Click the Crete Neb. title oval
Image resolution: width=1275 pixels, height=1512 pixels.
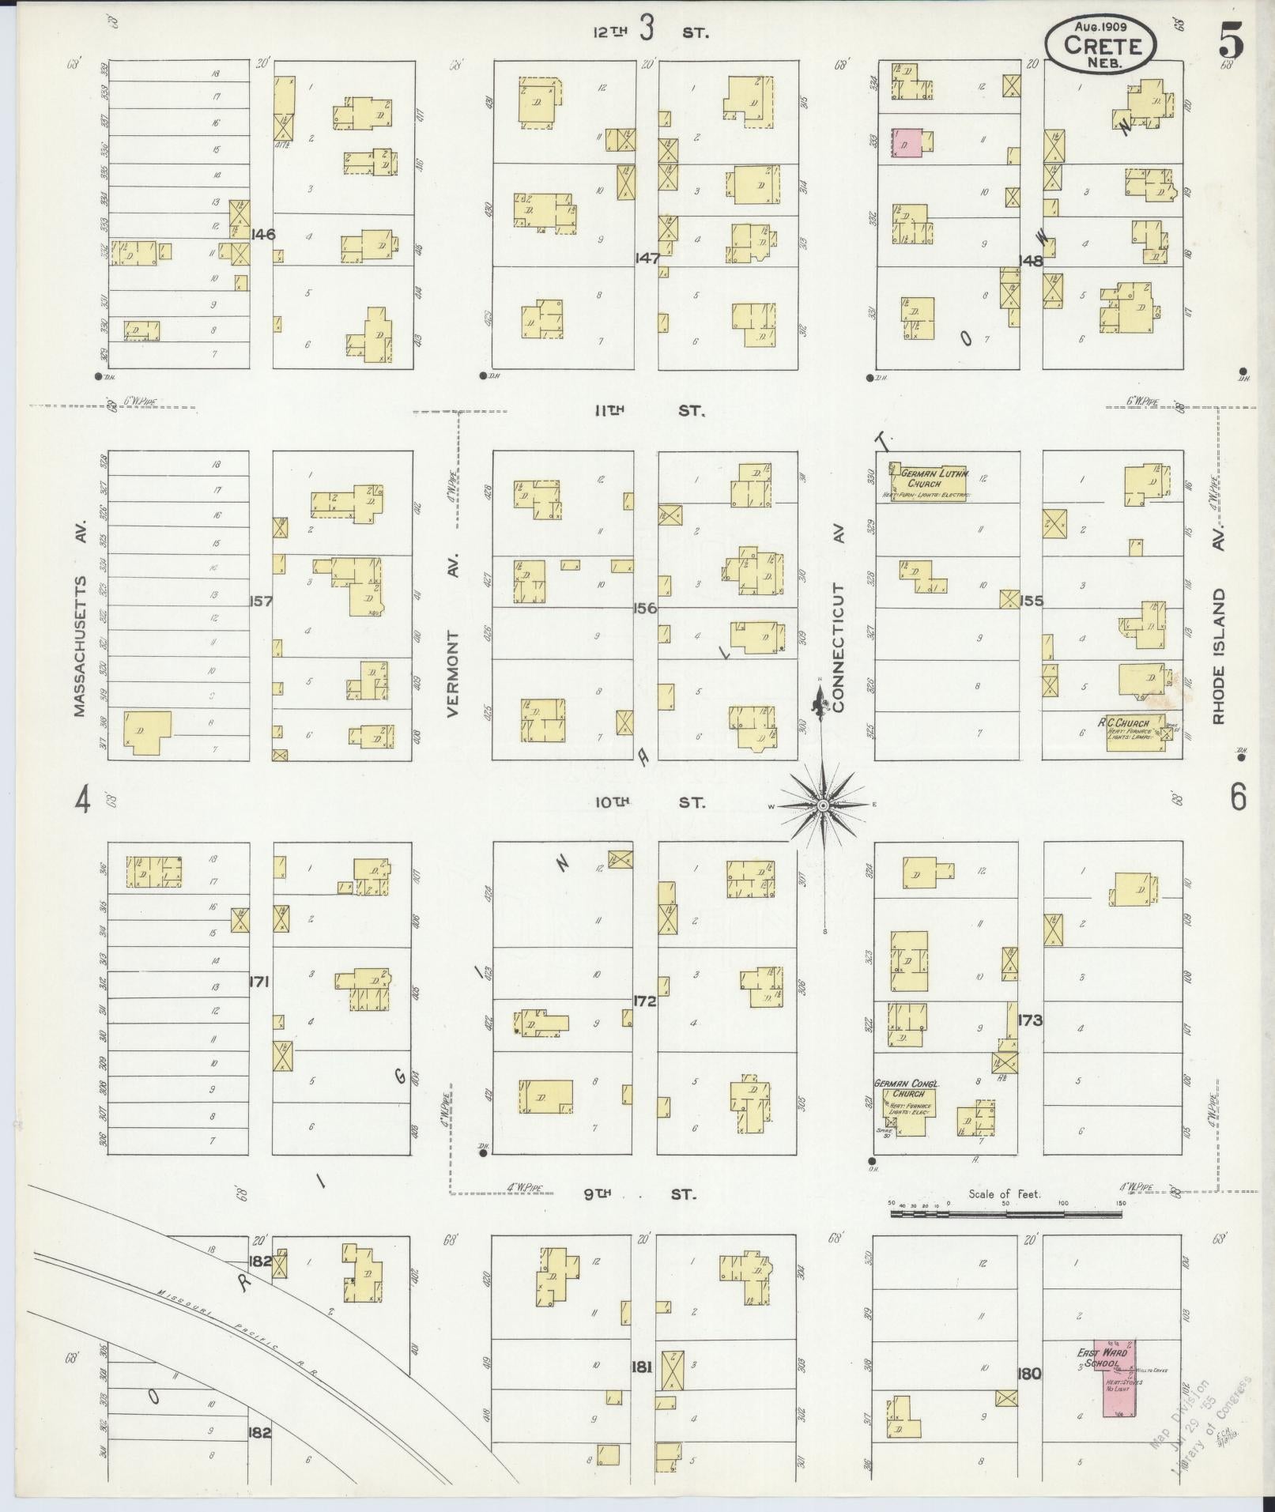point(1100,45)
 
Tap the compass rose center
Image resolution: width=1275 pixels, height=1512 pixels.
point(822,805)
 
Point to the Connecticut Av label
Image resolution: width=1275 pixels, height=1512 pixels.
point(838,648)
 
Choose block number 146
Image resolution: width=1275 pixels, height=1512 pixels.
point(262,234)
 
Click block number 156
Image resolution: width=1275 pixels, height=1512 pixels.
point(645,609)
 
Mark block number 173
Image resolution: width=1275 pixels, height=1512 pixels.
point(1031,1020)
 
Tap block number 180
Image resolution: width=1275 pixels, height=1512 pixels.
point(1031,1374)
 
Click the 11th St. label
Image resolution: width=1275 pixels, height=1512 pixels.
point(648,411)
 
